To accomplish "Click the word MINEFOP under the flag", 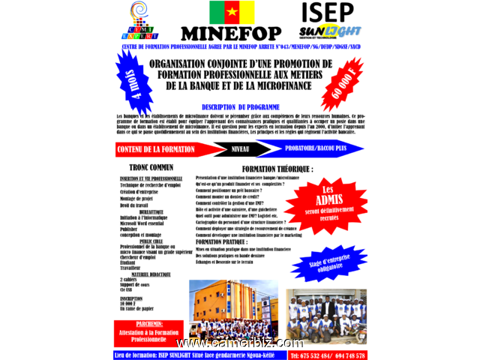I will [x=231, y=33].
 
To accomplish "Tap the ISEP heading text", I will [x=327, y=13].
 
